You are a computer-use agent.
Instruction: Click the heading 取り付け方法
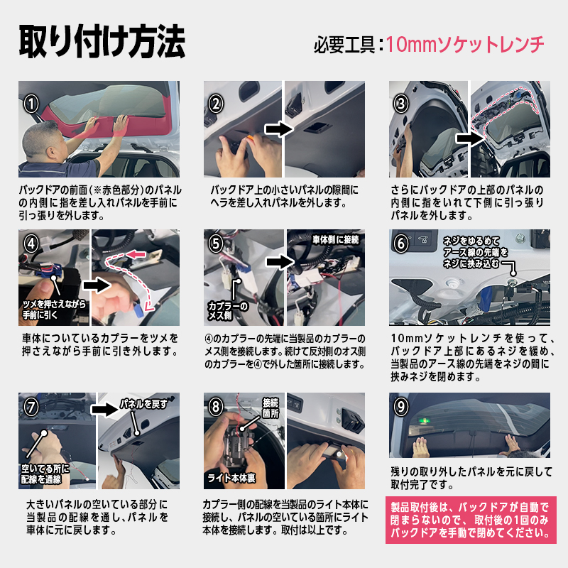click(x=102, y=42)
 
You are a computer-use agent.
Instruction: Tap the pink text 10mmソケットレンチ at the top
click(x=465, y=45)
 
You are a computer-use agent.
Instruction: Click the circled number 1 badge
click(x=31, y=104)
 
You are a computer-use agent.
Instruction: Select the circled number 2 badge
click(x=216, y=104)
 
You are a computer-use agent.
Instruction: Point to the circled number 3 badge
click(x=401, y=104)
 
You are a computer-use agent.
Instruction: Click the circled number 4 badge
click(x=31, y=244)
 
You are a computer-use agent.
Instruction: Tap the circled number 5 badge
click(x=216, y=244)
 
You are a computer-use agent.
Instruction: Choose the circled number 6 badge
click(x=401, y=244)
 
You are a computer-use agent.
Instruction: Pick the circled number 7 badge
click(x=31, y=406)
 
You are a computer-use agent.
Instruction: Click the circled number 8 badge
click(x=216, y=406)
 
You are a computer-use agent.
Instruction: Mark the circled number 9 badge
click(x=401, y=406)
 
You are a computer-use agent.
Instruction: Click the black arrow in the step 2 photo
click(x=279, y=129)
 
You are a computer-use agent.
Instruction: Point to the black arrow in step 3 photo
click(x=470, y=138)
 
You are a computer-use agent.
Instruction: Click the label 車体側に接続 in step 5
click(x=336, y=239)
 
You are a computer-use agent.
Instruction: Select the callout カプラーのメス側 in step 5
click(x=227, y=311)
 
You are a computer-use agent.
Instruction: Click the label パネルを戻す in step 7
click(x=144, y=403)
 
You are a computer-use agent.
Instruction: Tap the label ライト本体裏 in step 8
click(x=231, y=478)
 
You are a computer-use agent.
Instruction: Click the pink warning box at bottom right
click(x=471, y=520)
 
